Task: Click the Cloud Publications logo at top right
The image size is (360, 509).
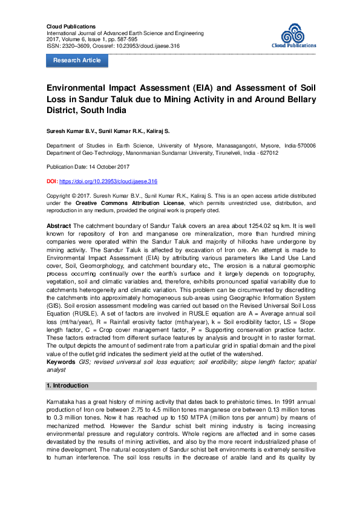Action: coord(296,36)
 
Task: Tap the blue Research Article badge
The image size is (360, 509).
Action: coord(77,60)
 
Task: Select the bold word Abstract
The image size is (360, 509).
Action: coord(59,225)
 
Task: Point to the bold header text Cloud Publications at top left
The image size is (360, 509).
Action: coord(71,27)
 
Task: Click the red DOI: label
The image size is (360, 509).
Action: coord(52,181)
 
